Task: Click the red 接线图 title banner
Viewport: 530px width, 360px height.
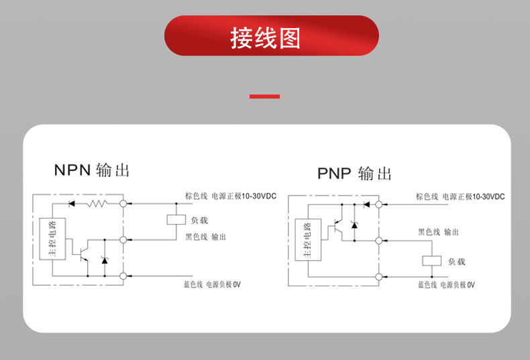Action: pyautogui.click(x=271, y=36)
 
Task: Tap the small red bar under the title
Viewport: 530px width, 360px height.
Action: pyautogui.click(x=264, y=97)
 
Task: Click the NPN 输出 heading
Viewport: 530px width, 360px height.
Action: pyautogui.click(x=92, y=170)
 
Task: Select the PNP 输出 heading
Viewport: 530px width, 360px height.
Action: pyautogui.click(x=354, y=174)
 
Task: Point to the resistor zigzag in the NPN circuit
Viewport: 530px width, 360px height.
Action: pyautogui.click(x=98, y=202)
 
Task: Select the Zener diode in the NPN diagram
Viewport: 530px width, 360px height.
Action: pyautogui.click(x=104, y=259)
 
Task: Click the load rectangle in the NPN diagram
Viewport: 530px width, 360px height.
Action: pyautogui.click(x=176, y=219)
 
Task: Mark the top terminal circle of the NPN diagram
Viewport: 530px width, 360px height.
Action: pyautogui.click(x=123, y=202)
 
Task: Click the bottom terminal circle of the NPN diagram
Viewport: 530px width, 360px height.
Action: pyautogui.click(x=123, y=275)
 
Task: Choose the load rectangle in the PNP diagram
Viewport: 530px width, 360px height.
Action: pyautogui.click(x=430, y=261)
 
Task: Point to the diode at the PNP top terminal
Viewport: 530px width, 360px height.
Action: pyautogui.click(x=366, y=204)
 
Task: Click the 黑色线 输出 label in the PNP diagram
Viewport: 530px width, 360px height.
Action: pyautogui.click(x=438, y=232)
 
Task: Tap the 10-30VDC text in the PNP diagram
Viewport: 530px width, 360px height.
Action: pyautogui.click(x=488, y=196)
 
